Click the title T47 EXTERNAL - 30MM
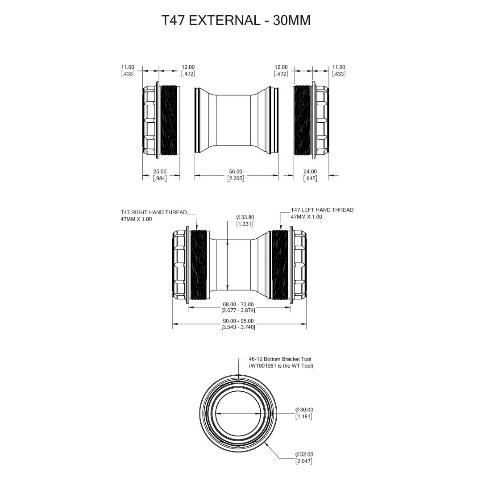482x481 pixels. point(236,21)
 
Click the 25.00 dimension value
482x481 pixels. point(160,171)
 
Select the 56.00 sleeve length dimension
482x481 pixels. point(236,171)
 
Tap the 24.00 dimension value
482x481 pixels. point(310,171)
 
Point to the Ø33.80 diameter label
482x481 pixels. point(245,217)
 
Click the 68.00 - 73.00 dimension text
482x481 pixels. point(238,305)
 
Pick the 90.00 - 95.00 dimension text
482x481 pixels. point(238,321)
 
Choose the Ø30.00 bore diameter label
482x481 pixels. point(304,410)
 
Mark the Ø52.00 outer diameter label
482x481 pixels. point(304,454)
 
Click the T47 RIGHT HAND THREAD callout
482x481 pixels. point(154,212)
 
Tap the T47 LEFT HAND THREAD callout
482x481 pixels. point(322,210)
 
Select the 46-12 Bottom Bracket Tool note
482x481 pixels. point(280,359)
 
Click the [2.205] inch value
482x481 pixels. point(236,178)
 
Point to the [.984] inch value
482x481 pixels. point(160,178)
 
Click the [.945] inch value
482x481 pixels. point(310,178)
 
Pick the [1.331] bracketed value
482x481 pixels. point(245,224)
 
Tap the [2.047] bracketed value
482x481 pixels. point(304,461)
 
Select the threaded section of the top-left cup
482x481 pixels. point(170,120)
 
